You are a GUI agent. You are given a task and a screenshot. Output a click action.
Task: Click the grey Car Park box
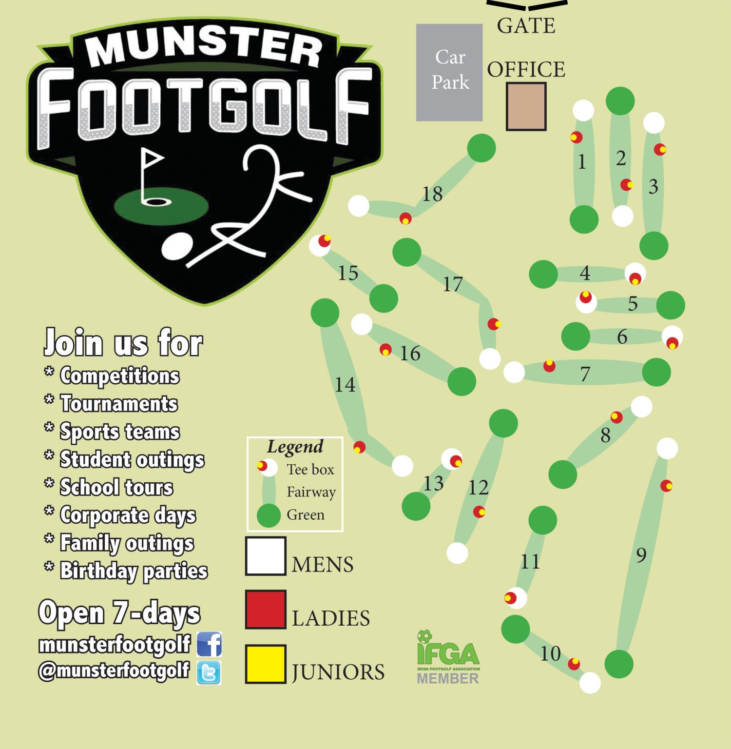point(449,72)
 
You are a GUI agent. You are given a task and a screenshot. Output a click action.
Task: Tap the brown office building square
point(526,106)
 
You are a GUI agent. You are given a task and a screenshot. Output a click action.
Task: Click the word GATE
point(526,26)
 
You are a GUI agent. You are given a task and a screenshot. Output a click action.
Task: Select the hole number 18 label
point(432,194)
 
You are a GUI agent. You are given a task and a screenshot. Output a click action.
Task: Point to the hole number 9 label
point(641,555)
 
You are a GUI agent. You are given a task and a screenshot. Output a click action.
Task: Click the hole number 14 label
point(345,385)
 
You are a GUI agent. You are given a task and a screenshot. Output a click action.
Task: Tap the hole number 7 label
point(585,374)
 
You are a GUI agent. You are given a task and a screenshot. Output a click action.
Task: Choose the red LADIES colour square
point(265,610)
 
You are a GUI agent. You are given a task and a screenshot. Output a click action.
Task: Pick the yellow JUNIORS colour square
point(265,664)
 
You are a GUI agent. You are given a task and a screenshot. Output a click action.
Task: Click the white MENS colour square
point(265,556)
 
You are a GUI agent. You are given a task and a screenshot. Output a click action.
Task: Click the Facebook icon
point(209,644)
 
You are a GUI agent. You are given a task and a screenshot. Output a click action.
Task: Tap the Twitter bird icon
point(209,672)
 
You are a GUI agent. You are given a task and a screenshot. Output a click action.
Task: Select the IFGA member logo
point(448,657)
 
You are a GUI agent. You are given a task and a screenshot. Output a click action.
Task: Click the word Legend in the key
point(295,447)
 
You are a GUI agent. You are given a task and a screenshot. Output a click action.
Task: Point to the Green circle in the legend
point(269,515)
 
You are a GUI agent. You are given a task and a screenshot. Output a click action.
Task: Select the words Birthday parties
point(134,571)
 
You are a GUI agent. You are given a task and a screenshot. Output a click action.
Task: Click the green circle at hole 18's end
point(481,148)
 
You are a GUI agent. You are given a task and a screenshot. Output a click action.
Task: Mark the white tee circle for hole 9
point(667,449)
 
